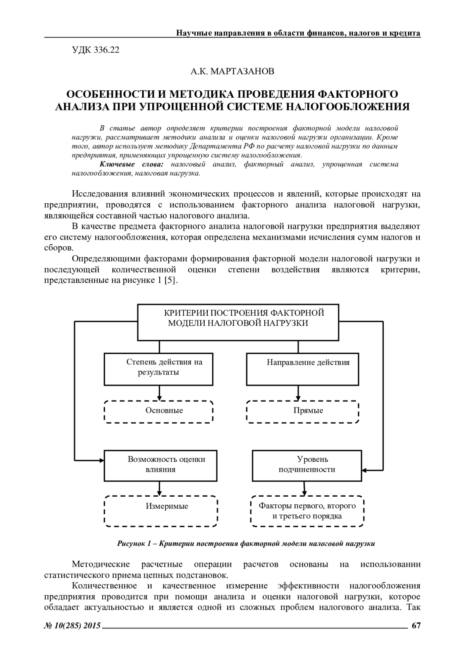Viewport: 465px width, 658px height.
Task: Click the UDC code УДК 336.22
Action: (x=96, y=50)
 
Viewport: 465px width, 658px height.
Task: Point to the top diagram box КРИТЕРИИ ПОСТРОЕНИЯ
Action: (x=238, y=321)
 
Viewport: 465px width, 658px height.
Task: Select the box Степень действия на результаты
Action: (x=159, y=369)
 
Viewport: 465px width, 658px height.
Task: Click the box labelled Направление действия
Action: (x=303, y=369)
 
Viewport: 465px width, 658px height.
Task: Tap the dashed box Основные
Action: (x=159, y=411)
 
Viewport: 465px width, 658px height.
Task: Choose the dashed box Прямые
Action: (x=303, y=411)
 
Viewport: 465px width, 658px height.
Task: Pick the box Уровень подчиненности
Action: (x=307, y=465)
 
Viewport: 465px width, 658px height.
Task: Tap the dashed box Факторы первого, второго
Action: (x=307, y=511)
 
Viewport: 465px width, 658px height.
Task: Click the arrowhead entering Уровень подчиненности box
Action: (x=365, y=470)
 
